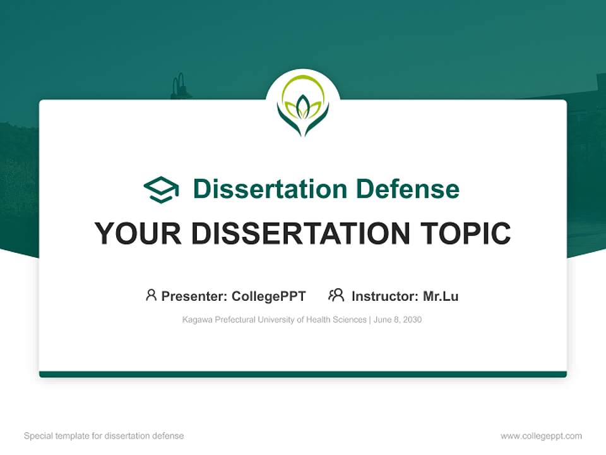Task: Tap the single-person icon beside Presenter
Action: click(151, 295)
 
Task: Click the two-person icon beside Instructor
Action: click(336, 295)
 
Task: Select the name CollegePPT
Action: click(268, 296)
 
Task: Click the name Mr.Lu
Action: click(441, 296)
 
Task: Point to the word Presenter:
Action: click(194, 296)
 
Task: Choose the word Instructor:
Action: click(384, 296)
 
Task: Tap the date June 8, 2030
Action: click(398, 320)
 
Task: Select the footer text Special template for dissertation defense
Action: click(104, 436)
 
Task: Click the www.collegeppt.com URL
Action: click(541, 436)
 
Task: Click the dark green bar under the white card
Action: click(303, 374)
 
